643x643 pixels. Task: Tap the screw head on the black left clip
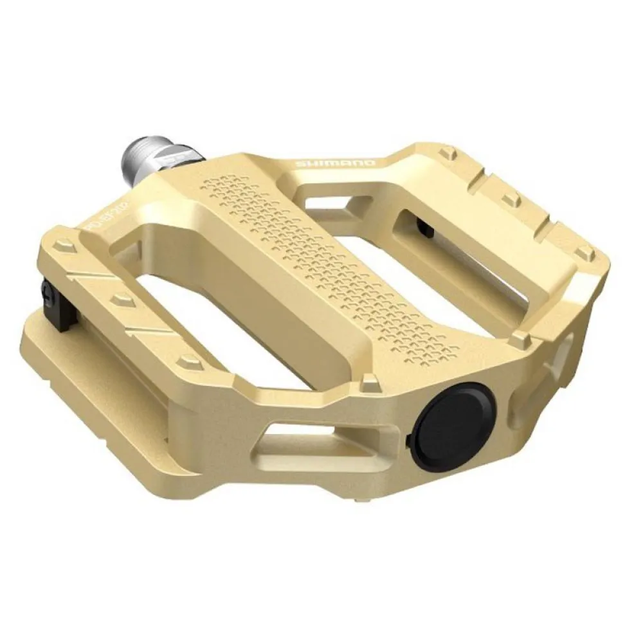46,295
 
